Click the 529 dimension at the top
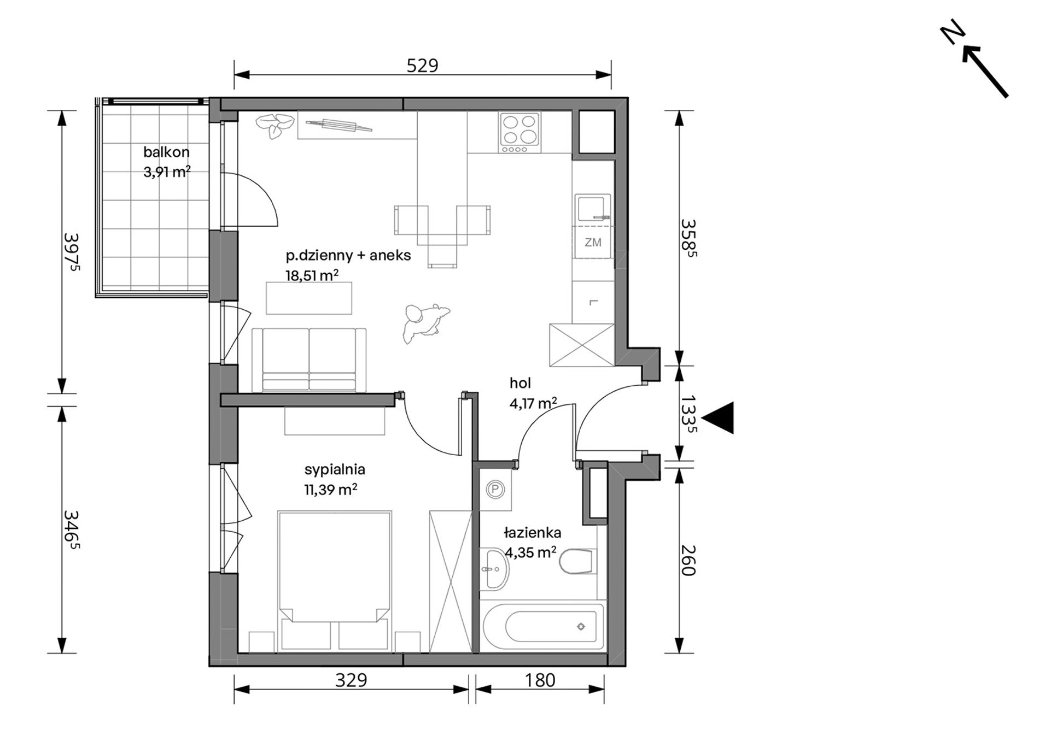(423, 66)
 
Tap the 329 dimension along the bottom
(351, 680)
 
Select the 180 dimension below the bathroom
(540, 680)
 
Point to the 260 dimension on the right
(688, 561)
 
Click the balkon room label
(166, 152)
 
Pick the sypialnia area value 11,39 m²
(331, 490)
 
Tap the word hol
(520, 383)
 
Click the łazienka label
(533, 532)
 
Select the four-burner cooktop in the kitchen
(519, 133)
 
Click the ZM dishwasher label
(593, 242)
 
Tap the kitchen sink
(593, 209)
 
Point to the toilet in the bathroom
(576, 562)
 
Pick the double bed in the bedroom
(335, 581)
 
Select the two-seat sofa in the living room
(309, 360)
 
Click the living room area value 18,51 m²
(312, 275)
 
